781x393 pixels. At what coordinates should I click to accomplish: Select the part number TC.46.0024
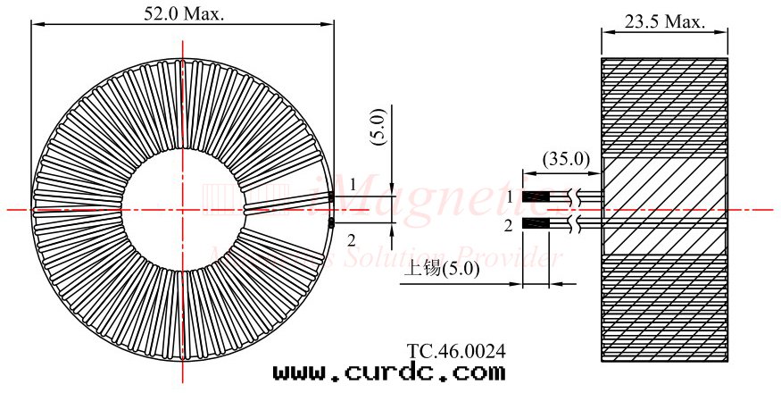(456, 351)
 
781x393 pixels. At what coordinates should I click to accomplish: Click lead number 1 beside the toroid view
(353, 184)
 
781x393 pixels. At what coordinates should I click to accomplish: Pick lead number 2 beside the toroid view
(351, 238)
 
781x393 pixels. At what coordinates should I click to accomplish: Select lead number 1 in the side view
(510, 196)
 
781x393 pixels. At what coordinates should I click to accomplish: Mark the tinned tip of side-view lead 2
(535, 222)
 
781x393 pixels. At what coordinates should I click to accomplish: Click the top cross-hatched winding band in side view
(665, 108)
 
